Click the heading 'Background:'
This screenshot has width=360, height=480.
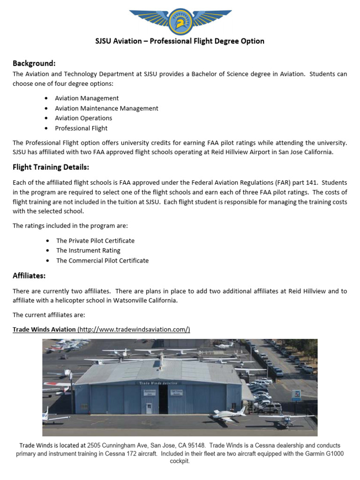coord(34,63)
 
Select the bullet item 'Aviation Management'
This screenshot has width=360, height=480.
coord(87,98)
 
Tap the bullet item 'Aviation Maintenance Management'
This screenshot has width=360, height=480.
coord(106,108)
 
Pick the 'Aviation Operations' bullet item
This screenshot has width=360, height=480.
coord(83,118)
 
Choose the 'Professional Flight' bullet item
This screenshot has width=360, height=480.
coord(81,128)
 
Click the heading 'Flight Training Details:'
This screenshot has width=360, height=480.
coord(51,167)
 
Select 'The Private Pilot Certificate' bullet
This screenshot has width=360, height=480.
coord(95,240)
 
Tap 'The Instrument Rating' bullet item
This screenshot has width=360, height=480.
coord(88,250)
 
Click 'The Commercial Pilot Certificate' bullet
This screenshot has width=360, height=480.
coord(102,261)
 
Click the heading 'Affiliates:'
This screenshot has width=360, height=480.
coord(29,276)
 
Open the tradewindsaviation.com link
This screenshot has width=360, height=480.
coord(134,330)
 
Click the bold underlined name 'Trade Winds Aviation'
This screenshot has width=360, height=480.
coord(44,330)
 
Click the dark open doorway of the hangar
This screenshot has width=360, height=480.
coord(163,399)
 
